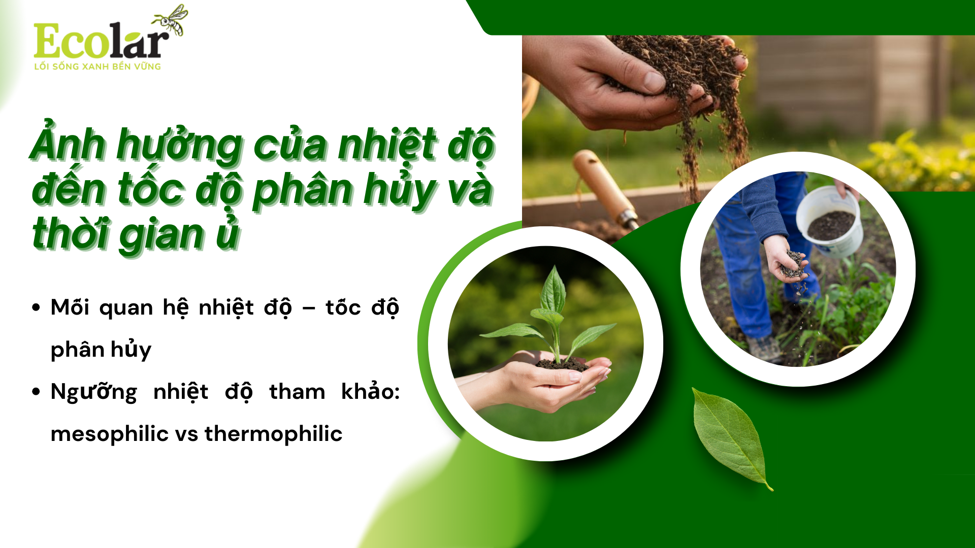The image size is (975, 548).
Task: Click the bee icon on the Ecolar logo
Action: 171,20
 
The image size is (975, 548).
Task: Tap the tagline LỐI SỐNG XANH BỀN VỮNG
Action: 97,66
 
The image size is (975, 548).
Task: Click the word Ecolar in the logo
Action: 101,42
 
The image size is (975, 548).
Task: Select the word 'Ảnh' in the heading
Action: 67,144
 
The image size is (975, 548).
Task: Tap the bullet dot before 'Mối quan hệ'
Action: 36,307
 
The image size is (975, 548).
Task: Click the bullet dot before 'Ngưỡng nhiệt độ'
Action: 36,391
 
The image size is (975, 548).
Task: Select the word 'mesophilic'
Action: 109,434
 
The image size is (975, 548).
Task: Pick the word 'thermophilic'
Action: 273,434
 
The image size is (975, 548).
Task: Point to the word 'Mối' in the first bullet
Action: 70,307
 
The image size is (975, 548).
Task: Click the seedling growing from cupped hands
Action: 554,315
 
